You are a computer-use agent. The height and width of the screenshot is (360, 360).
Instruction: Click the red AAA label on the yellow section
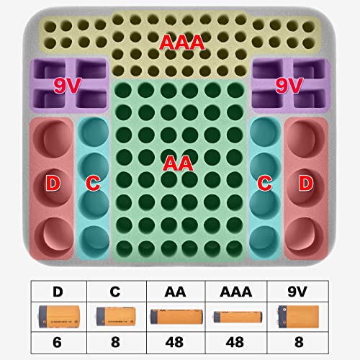pyautogui.click(x=182, y=42)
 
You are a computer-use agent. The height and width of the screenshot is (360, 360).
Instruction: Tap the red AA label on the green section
pyautogui.click(x=178, y=163)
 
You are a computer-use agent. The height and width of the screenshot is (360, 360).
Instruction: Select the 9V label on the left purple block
pyautogui.click(x=67, y=86)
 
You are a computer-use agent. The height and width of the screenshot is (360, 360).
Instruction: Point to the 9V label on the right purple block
pyautogui.click(x=289, y=86)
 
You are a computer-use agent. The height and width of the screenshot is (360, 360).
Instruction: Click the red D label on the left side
pyautogui.click(x=53, y=183)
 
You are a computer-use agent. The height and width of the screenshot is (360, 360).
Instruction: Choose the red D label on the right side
pyautogui.click(x=306, y=183)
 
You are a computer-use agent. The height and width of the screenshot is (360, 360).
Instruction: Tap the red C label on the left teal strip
pyautogui.click(x=93, y=183)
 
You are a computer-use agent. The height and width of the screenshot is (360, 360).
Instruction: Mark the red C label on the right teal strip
pyautogui.click(x=265, y=183)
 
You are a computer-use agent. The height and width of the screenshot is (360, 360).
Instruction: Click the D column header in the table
pyautogui.click(x=58, y=292)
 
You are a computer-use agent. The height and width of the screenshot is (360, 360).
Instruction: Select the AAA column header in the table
pyautogui.click(x=236, y=292)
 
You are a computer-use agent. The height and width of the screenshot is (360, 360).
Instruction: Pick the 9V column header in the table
pyautogui.click(x=297, y=292)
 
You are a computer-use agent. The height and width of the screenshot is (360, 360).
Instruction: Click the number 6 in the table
pyautogui.click(x=57, y=342)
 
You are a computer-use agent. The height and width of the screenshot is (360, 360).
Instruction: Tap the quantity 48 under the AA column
pyautogui.click(x=174, y=342)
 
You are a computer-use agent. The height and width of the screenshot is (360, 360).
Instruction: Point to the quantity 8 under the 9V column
pyautogui.click(x=299, y=342)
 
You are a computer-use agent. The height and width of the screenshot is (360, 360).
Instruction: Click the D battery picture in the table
pyautogui.click(x=59, y=317)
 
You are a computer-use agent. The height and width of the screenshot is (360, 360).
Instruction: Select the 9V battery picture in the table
pyautogui.click(x=298, y=317)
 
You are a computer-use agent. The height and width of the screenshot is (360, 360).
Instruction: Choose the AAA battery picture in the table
pyautogui.click(x=238, y=317)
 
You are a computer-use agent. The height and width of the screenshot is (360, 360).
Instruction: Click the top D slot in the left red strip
pyautogui.click(x=53, y=139)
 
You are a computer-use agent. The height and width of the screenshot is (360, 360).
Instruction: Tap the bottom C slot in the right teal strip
pyautogui.click(x=265, y=240)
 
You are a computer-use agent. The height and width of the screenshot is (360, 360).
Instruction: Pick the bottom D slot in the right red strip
pyautogui.click(x=306, y=236)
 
